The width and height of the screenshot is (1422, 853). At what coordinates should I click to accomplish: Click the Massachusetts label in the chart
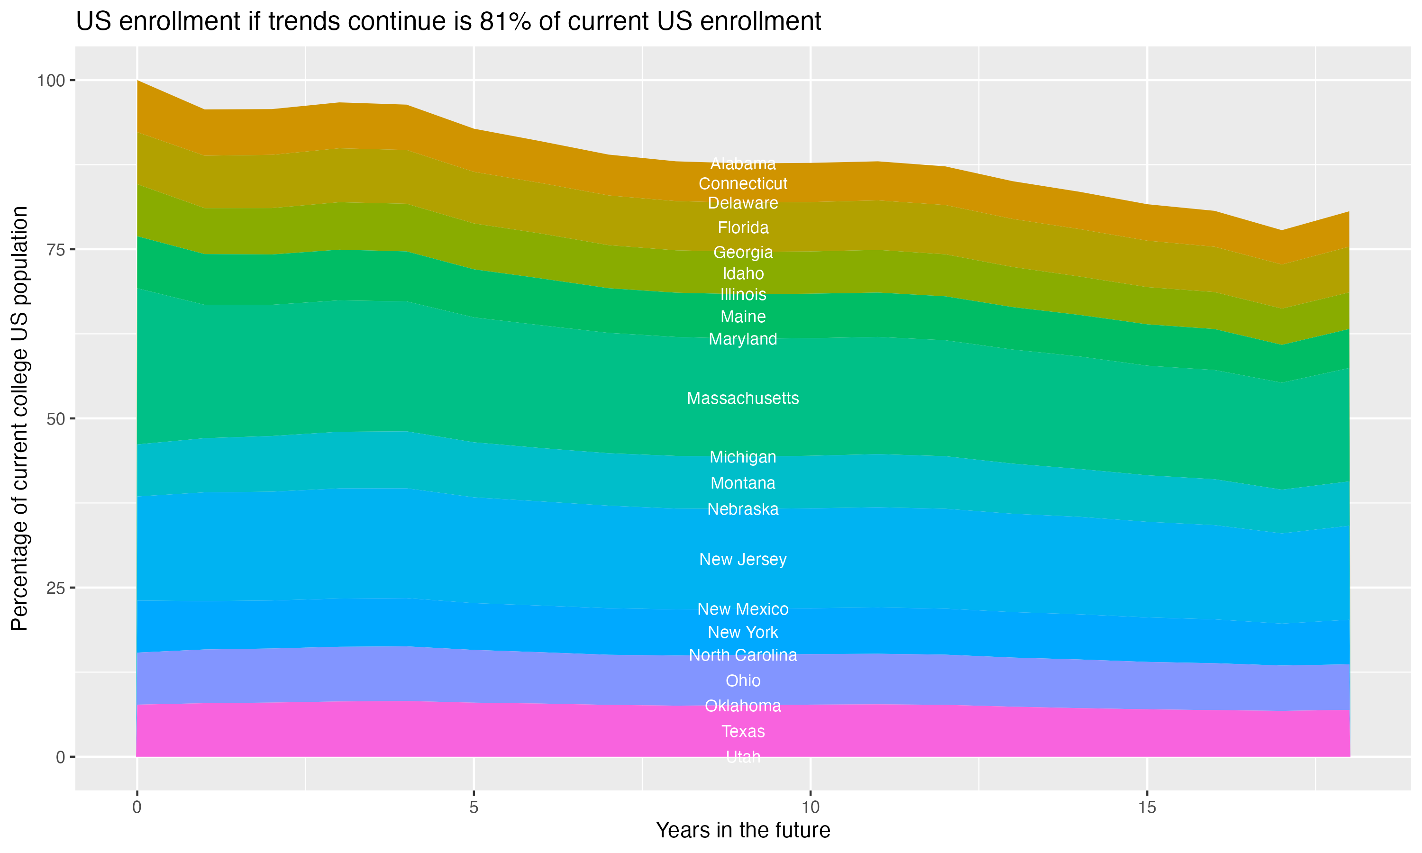[743, 399]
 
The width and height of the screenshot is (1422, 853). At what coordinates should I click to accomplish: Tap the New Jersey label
[743, 559]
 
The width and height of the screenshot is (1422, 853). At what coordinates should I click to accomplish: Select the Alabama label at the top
[743, 164]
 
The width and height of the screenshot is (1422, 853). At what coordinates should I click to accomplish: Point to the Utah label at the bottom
[743, 757]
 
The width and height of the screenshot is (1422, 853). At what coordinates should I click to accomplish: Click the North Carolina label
[743, 655]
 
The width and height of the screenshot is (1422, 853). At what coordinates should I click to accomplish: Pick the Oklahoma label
[743, 706]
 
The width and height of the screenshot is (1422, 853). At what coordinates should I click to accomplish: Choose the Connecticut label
[743, 184]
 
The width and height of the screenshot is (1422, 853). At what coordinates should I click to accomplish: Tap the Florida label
[743, 227]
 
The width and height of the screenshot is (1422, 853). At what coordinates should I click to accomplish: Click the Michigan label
[743, 457]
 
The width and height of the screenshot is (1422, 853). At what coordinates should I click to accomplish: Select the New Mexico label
[743, 609]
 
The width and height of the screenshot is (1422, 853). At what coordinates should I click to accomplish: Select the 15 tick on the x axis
[1147, 808]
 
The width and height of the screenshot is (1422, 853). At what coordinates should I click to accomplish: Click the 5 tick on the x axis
[474, 808]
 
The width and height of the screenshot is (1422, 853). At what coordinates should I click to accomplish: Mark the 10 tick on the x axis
[810, 808]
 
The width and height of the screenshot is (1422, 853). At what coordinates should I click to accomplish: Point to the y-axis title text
[19, 418]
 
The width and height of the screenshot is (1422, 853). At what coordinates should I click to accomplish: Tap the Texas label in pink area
[743, 731]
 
